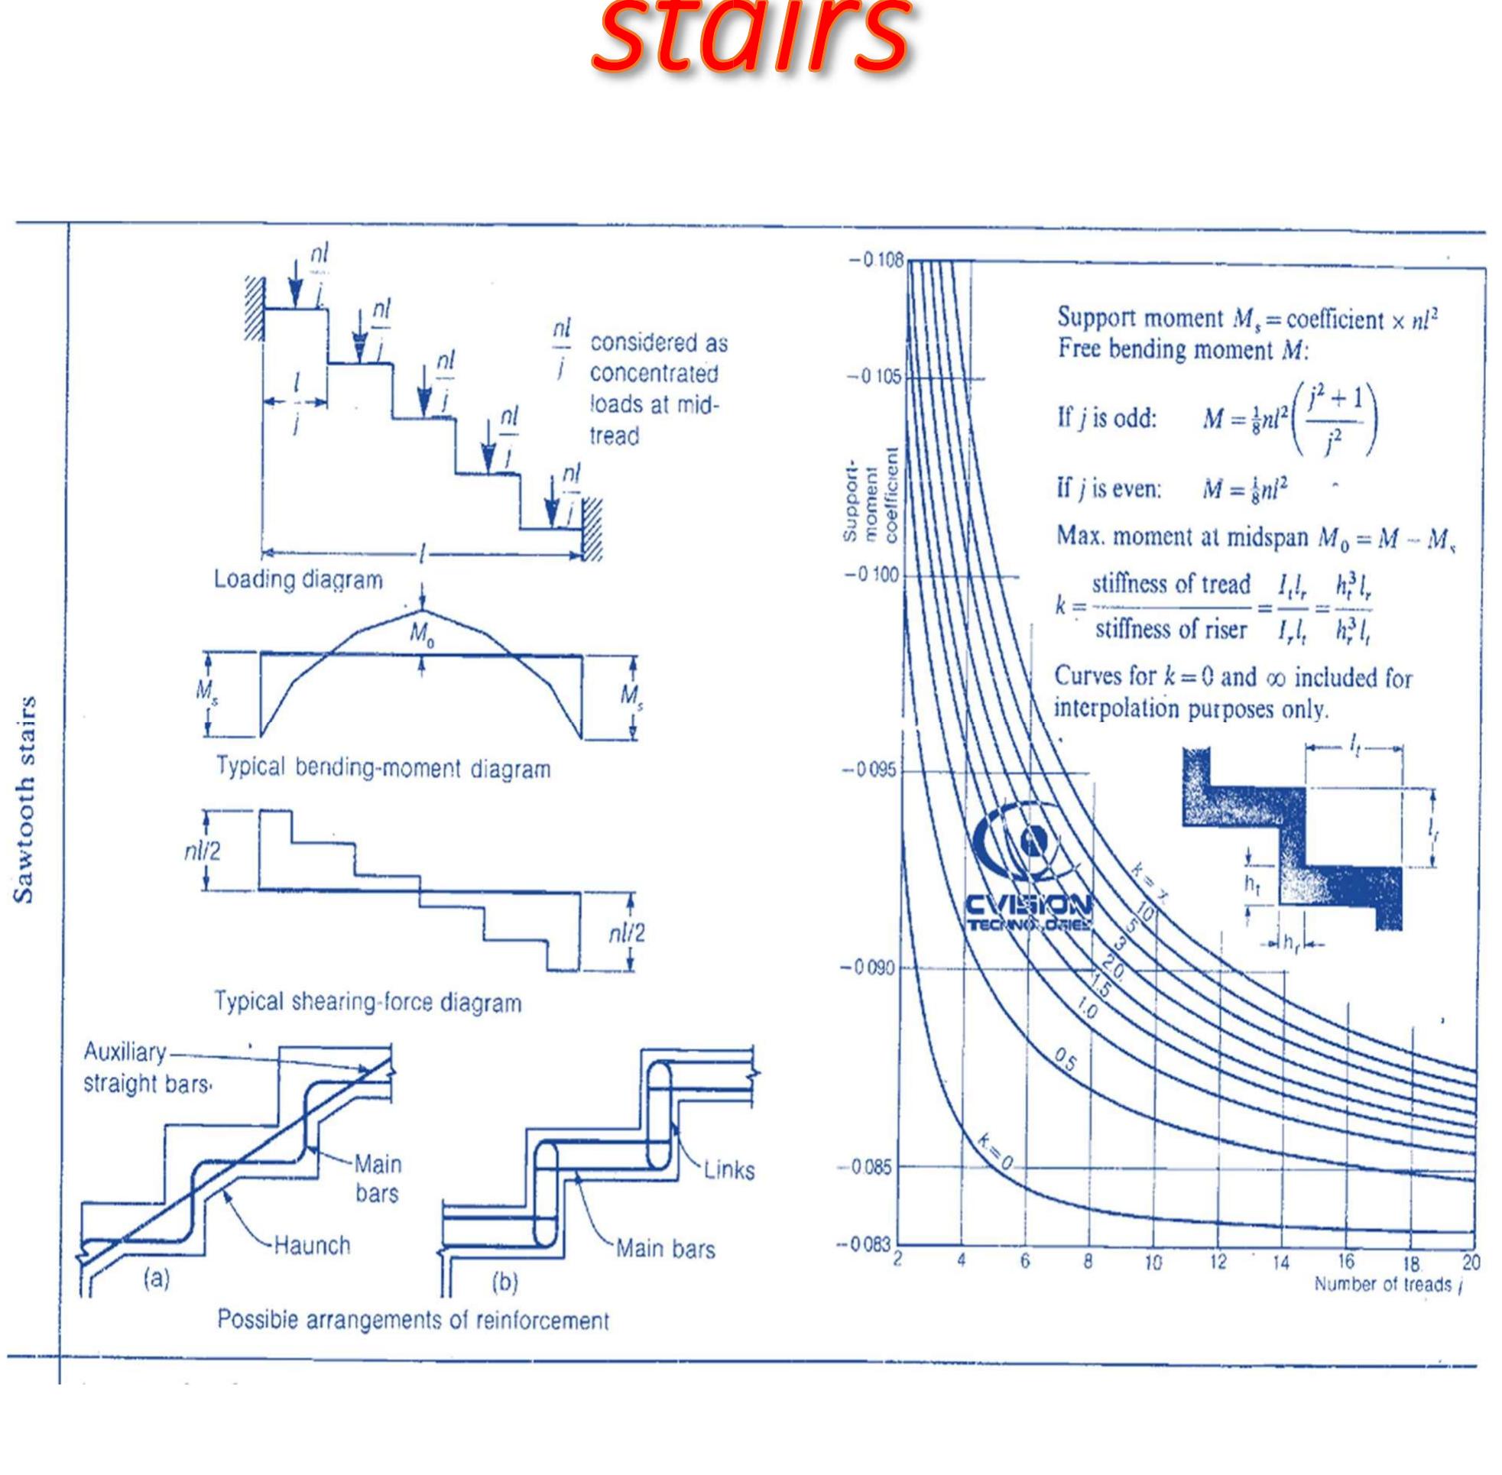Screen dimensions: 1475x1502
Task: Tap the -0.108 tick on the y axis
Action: (878, 261)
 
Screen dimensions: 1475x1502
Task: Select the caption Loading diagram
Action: (298, 579)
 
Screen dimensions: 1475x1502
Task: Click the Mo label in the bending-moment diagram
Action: (421, 635)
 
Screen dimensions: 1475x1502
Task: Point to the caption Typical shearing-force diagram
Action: (367, 1003)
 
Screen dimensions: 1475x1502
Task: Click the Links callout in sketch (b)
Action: (729, 1170)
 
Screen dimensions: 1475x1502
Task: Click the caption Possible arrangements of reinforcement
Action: (413, 1319)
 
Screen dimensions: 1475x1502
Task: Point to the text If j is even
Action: (1108, 490)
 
